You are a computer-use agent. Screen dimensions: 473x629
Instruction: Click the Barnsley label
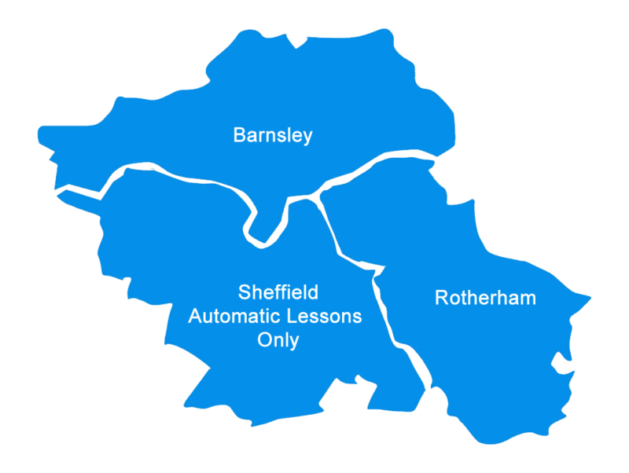pyautogui.click(x=273, y=135)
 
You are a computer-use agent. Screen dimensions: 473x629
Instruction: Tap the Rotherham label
pyautogui.click(x=485, y=299)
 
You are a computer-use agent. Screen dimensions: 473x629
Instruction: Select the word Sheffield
pyautogui.click(x=278, y=293)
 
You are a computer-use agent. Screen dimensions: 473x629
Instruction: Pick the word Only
pyautogui.click(x=278, y=341)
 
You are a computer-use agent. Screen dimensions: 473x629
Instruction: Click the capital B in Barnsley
pyautogui.click(x=239, y=135)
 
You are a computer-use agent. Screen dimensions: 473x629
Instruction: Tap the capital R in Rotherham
pyautogui.click(x=441, y=299)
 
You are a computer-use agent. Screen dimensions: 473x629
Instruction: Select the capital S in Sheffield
pyautogui.click(x=244, y=293)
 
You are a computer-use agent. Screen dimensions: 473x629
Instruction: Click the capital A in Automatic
pyautogui.click(x=194, y=317)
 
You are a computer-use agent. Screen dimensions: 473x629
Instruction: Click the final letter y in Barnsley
pyautogui.click(x=307, y=137)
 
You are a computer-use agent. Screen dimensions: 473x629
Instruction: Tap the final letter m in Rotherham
pyautogui.click(x=528, y=299)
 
